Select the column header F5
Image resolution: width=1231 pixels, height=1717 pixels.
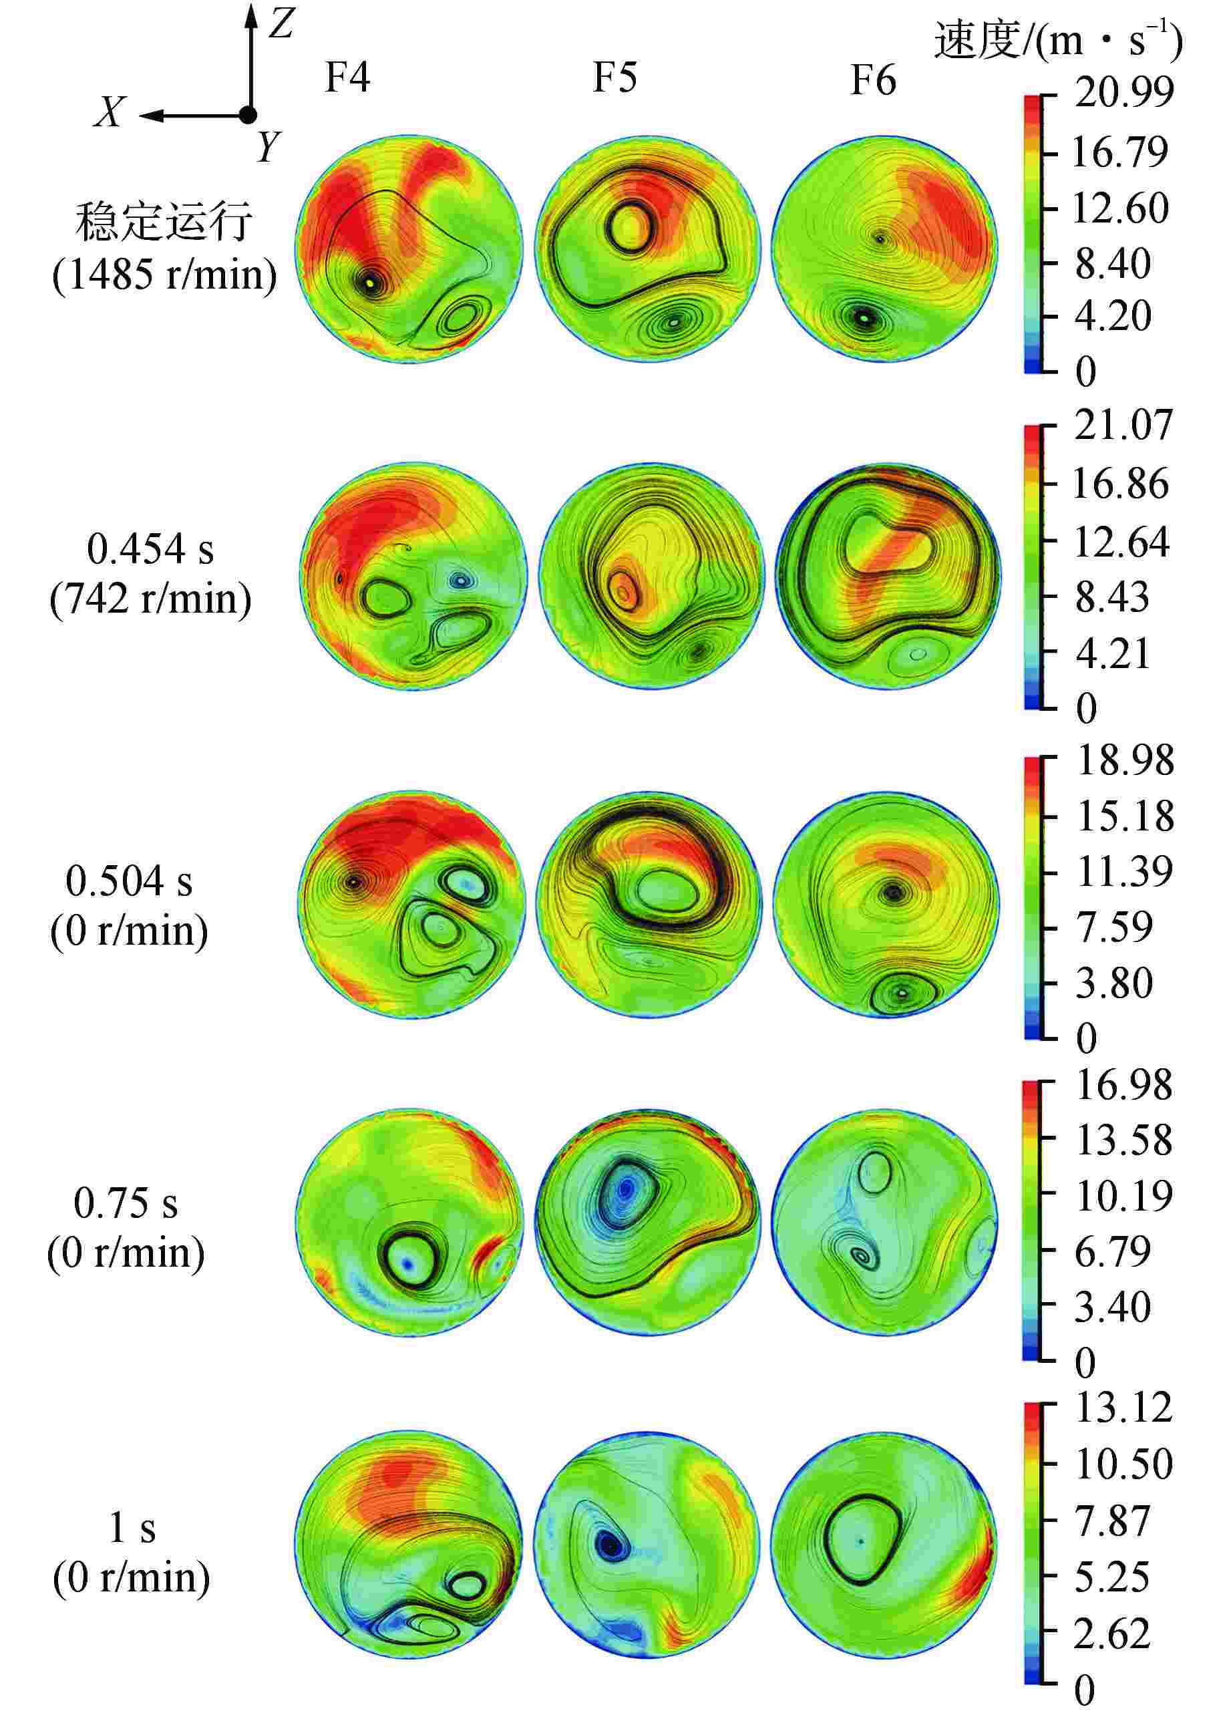614,78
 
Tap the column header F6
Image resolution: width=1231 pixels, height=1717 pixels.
873,80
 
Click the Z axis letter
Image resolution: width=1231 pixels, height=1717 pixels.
281,25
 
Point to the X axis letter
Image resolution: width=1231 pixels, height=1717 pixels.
110,114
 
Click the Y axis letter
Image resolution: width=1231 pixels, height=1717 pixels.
268,146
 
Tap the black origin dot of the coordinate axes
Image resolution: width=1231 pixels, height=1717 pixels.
248,115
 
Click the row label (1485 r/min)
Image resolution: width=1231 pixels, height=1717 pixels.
164,274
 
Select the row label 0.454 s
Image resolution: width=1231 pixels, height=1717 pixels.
150,549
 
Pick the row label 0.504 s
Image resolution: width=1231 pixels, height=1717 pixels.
129,881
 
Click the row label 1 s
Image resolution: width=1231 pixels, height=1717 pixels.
132,1528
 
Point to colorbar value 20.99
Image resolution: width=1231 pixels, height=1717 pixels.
1123,92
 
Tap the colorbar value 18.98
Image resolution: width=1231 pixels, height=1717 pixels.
1125,760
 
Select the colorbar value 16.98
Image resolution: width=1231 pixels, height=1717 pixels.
1123,1085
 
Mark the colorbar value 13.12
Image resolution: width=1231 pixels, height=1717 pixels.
1123,1409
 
